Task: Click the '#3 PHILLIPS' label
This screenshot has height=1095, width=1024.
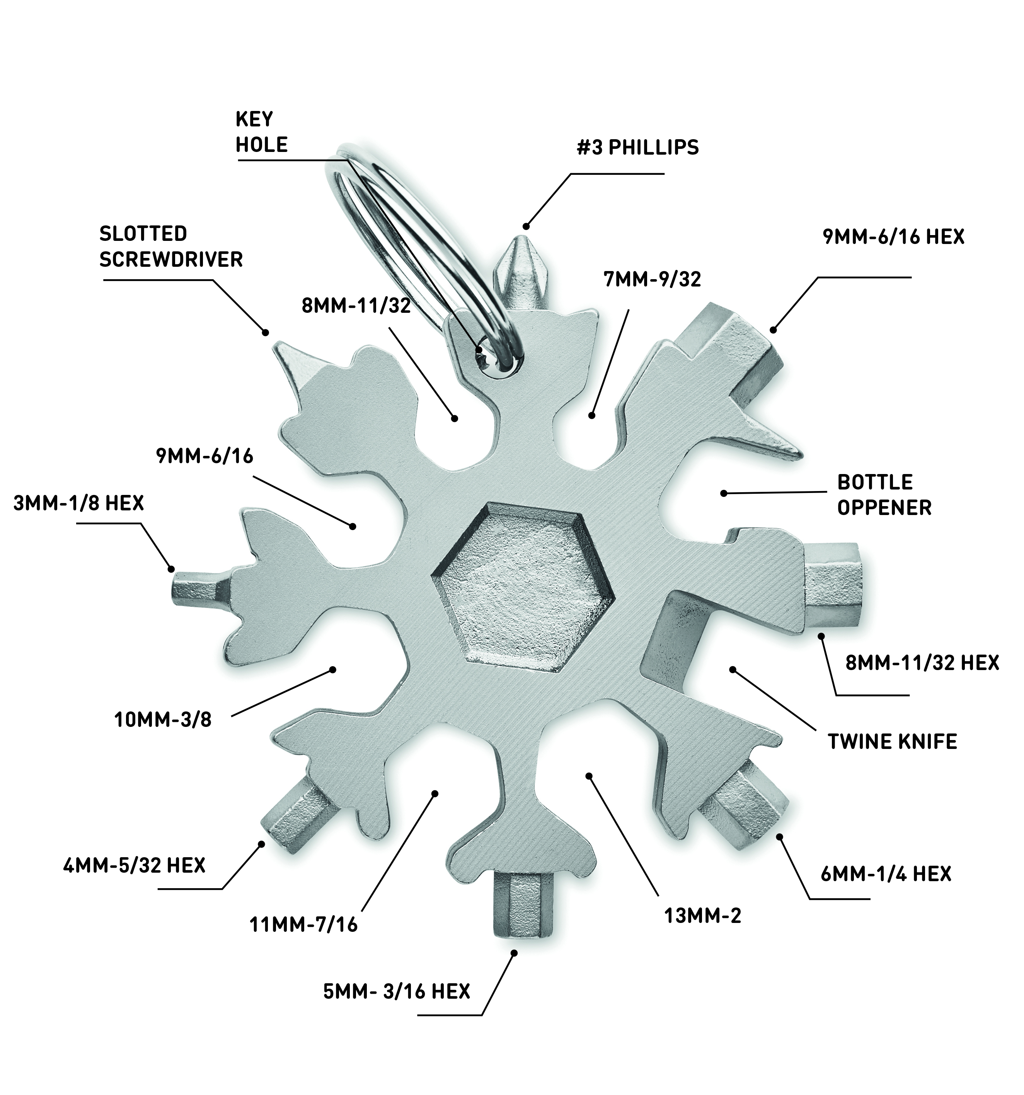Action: point(637,148)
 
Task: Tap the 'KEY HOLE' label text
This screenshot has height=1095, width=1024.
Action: point(261,132)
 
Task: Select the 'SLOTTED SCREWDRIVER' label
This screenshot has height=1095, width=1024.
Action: point(171,246)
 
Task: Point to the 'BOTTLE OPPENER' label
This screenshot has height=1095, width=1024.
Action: point(884,495)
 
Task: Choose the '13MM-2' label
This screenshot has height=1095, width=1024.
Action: point(702,916)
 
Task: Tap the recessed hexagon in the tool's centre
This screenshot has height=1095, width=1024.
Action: point(523,587)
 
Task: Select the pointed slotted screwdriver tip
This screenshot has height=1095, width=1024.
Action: point(295,361)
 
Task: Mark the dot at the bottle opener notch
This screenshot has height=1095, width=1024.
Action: point(724,493)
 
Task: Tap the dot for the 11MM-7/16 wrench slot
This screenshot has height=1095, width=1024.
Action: point(434,793)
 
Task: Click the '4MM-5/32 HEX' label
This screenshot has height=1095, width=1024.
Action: point(134,865)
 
